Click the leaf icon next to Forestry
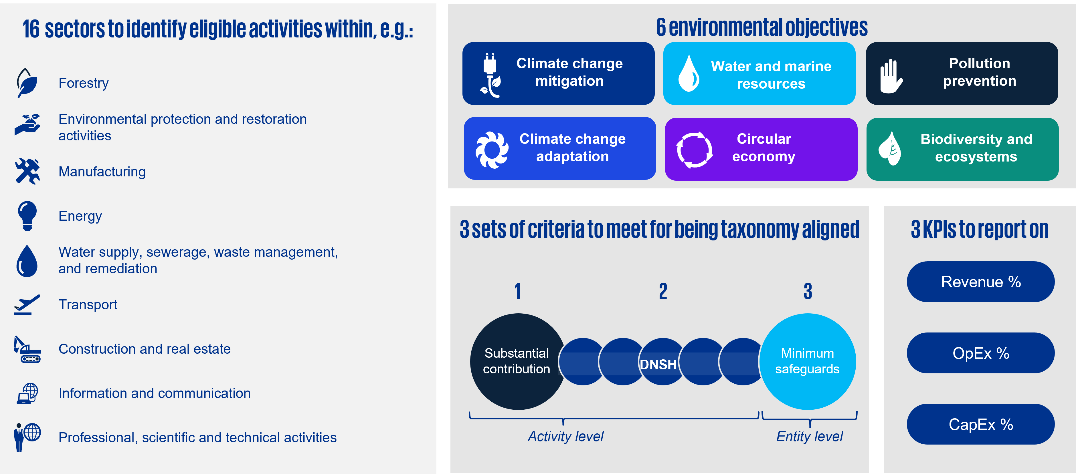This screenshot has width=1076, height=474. click(x=27, y=83)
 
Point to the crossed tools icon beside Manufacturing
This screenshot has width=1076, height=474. click(x=27, y=171)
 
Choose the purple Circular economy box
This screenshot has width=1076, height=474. click(x=761, y=149)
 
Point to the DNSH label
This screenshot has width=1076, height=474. click(x=658, y=364)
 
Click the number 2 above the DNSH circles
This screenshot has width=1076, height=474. click(x=663, y=291)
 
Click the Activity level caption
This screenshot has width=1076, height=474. click(x=565, y=437)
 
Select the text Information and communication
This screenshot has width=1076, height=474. click(x=155, y=393)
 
